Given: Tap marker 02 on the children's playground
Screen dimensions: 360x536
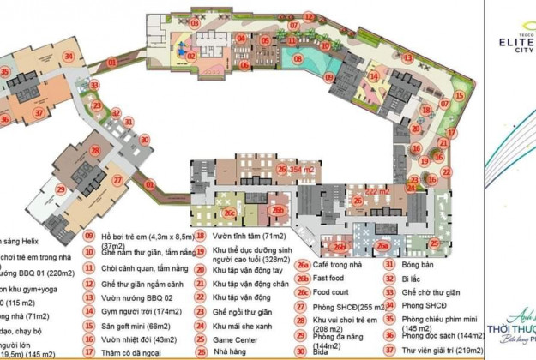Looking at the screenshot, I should click(191, 56).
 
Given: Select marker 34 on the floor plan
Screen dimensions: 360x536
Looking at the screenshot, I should click(68, 57).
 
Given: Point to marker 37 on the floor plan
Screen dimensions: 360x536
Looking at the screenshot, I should click(38, 111).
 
